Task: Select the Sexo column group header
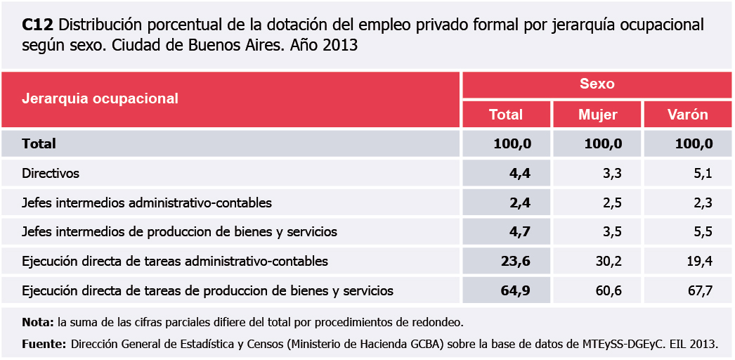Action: coord(597,84)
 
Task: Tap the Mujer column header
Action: coord(597,115)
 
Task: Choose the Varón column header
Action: coord(688,115)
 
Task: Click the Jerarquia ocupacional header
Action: coord(100,98)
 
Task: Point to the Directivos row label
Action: coord(51,173)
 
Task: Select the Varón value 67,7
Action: coord(700,290)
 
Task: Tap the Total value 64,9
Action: coord(516,290)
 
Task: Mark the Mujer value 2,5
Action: coord(612,203)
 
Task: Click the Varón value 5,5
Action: coord(703,231)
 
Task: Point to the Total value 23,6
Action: coord(516,262)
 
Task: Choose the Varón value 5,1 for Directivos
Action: coord(703,173)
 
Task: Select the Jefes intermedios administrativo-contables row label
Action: coord(147,203)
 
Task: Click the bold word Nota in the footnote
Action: coord(38,323)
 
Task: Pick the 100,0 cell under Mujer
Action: coord(604,144)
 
